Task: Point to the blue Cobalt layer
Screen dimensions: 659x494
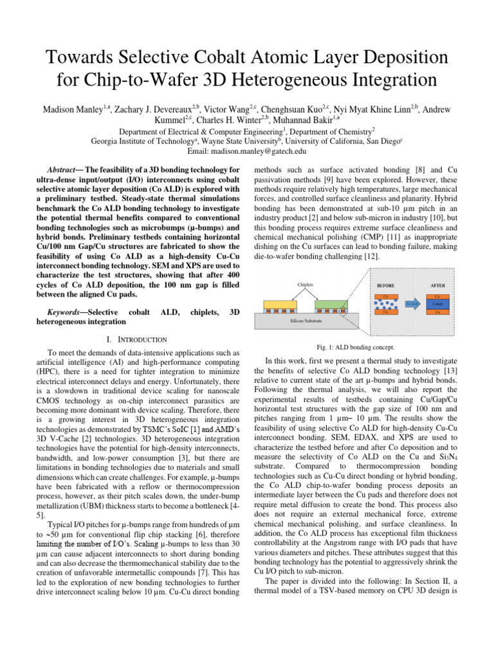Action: point(437,303)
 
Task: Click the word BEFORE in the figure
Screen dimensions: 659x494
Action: point(385,285)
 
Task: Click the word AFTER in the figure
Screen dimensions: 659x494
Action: point(437,285)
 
